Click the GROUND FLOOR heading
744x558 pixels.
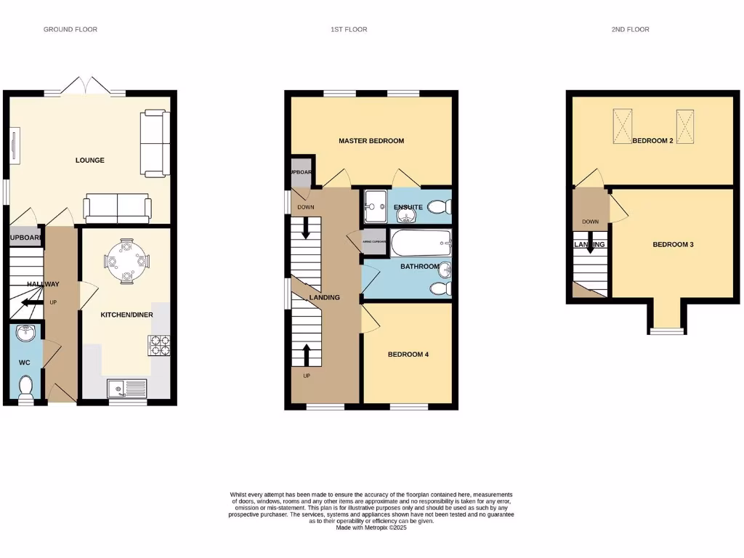70,30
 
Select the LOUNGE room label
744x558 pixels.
90,160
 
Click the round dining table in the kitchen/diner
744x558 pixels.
126,259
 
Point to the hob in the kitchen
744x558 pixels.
159,345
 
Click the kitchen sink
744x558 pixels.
127,389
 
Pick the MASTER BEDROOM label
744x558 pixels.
371,141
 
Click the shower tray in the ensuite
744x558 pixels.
376,206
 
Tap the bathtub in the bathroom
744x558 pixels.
420,243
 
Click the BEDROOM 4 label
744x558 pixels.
408,355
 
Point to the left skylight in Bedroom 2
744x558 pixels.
623,126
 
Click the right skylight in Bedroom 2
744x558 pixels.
686,126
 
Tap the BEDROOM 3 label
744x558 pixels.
673,245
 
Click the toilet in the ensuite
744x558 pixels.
439,208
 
